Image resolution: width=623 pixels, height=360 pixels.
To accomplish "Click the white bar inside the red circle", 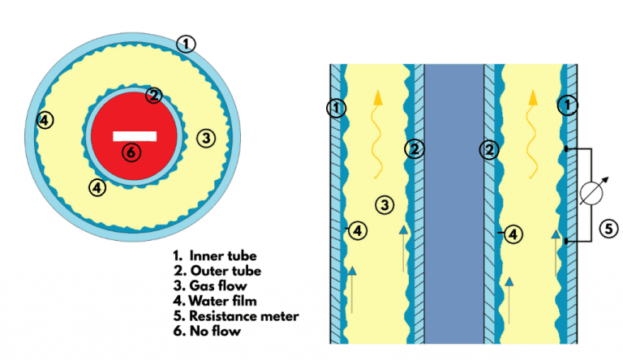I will pyautogui.click(x=129, y=135).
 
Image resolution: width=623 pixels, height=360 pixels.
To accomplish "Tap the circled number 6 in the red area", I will pyautogui.click(x=129, y=152).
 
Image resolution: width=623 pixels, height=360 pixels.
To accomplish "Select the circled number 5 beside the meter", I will pyautogui.click(x=608, y=229).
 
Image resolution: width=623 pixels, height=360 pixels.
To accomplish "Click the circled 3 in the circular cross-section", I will pyautogui.click(x=206, y=139).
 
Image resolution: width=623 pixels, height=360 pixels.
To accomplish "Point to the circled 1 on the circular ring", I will pyautogui.click(x=187, y=44).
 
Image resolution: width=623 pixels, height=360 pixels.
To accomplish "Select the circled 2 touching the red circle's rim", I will pyautogui.click(x=153, y=96).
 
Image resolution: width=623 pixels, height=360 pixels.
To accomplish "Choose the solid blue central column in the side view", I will pyautogui.click(x=454, y=203).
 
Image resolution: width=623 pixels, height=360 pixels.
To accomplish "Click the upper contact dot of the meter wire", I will pyautogui.click(x=565, y=149).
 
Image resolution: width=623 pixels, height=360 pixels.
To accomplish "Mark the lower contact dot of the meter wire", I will pyautogui.click(x=565, y=241).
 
